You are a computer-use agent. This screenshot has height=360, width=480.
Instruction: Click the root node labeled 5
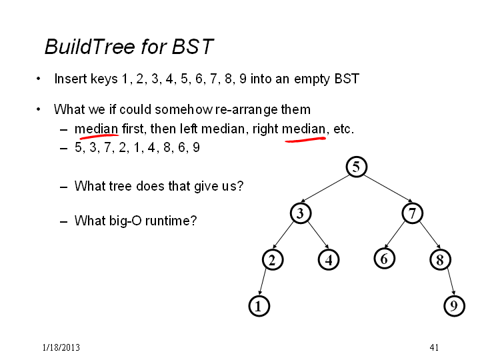click(356, 167)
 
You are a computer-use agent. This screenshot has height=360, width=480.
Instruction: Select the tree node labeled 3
click(301, 213)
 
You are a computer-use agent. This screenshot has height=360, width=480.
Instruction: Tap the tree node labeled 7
click(413, 213)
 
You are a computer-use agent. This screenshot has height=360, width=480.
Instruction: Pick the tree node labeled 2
click(273, 259)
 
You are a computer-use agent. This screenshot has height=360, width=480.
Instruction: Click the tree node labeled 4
click(329, 259)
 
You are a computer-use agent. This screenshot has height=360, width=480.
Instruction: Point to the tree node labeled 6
click(385, 259)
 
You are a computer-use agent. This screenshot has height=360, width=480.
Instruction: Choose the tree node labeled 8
click(440, 259)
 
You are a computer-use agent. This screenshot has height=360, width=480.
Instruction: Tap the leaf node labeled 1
click(259, 306)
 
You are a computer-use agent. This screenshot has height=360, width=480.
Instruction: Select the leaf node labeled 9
click(454, 305)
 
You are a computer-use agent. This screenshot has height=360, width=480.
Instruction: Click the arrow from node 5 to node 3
click(325, 189)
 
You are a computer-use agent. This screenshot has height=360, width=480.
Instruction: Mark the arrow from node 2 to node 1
click(263, 282)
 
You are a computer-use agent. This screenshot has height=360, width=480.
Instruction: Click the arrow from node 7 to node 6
click(395, 235)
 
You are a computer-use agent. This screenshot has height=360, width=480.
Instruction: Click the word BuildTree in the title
click(90, 47)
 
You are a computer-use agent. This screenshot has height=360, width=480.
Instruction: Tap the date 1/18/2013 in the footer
click(61, 347)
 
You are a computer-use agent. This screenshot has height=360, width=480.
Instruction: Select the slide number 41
click(434, 347)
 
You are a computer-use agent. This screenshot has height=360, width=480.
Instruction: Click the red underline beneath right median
click(305, 139)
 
